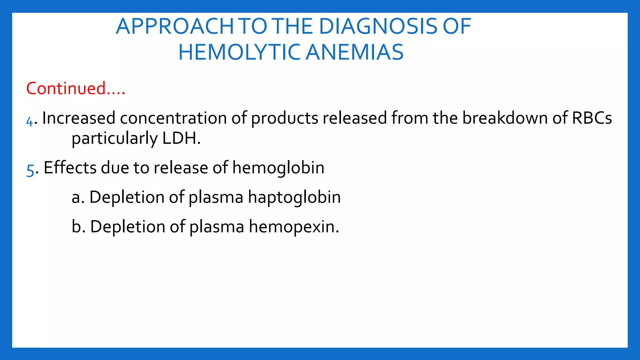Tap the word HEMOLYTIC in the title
(x=239, y=52)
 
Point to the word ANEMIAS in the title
(x=354, y=52)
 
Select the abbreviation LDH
(x=181, y=138)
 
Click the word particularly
(x=115, y=139)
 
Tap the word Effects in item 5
(x=70, y=167)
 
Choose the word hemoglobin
(x=278, y=168)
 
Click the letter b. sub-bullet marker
(x=78, y=227)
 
